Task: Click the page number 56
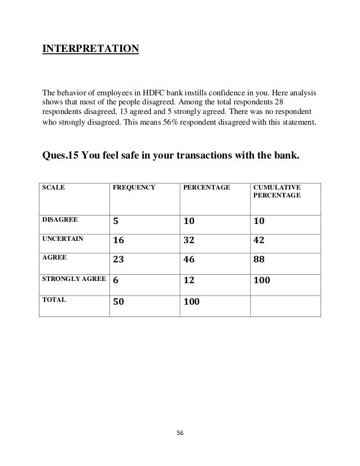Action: pos(180,433)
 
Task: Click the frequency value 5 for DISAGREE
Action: pos(116,221)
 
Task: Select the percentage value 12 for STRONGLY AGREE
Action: pos(189,279)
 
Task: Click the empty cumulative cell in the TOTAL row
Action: pos(286,304)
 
